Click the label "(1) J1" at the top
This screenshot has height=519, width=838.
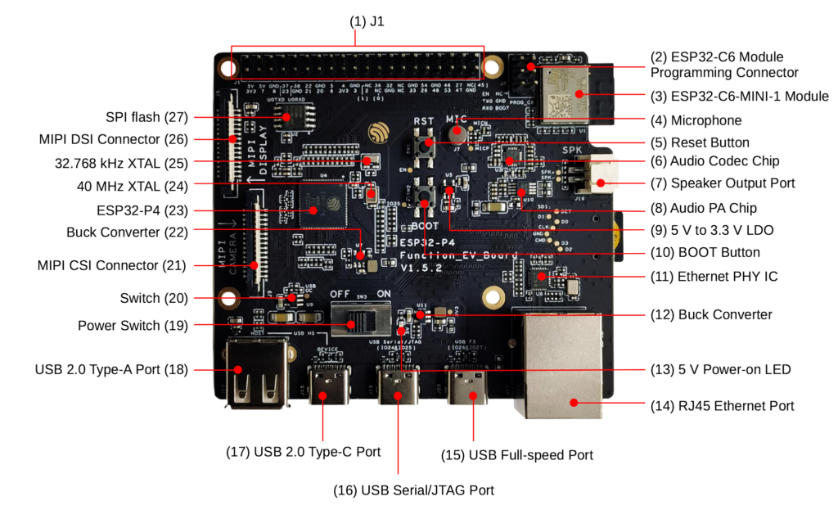coord(367,22)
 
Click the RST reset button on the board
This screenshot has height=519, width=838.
coord(425,146)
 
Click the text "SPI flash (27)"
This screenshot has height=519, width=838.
coord(146,117)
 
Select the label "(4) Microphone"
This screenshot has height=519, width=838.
coord(696,120)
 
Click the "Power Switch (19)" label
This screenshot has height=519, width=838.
coord(133,326)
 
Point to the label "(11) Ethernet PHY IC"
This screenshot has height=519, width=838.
coord(714,277)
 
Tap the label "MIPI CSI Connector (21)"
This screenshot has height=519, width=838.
coord(112,266)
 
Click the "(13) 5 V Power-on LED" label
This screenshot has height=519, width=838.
coord(720,370)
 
